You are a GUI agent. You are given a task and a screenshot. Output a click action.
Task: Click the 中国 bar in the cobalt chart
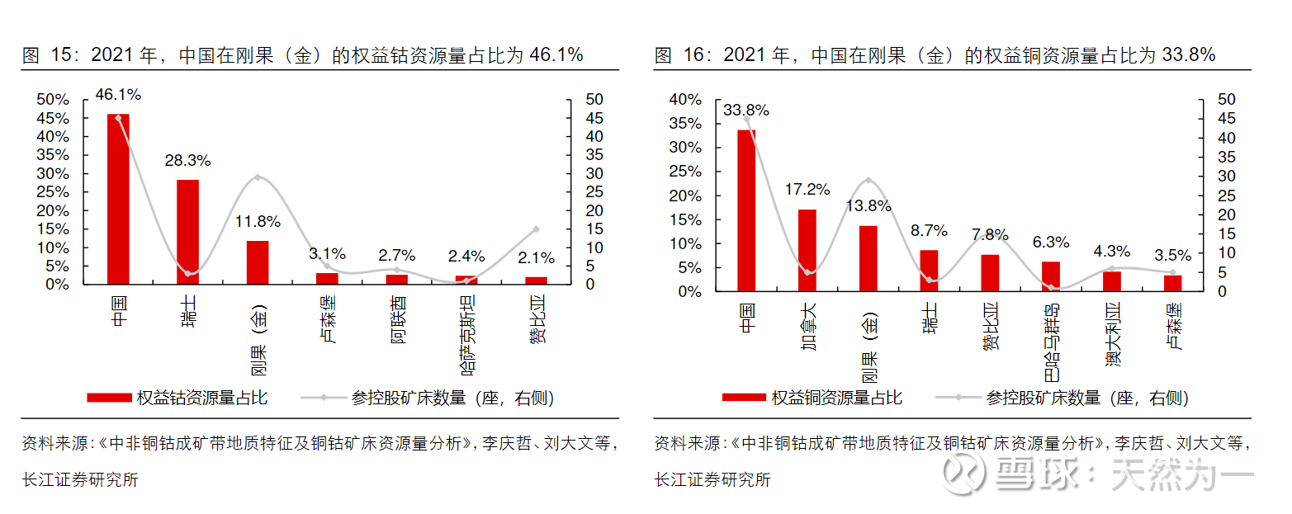pyautogui.click(x=118, y=198)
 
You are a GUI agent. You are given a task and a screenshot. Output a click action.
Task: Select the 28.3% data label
pyautogui.click(x=187, y=160)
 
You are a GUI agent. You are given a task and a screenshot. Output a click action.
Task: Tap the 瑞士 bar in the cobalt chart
pyautogui.click(x=187, y=232)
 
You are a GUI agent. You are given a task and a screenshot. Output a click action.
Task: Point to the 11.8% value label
pyautogui.click(x=258, y=221)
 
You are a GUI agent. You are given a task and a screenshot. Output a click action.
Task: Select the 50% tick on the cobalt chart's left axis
pyautogui.click(x=54, y=99)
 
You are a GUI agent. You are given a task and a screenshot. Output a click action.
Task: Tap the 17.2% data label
pyautogui.click(x=807, y=190)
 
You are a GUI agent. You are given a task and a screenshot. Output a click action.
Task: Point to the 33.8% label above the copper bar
pyautogui.click(x=746, y=110)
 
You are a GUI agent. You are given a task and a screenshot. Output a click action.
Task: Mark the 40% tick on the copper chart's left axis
pyautogui.click(x=685, y=99)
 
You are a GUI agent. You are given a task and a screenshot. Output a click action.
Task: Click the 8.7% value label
pyautogui.click(x=929, y=231)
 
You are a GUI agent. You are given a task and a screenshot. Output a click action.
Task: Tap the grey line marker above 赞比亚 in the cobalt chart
pyautogui.click(x=536, y=229)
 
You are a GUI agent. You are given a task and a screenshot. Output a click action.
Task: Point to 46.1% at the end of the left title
pyautogui.click(x=556, y=55)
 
